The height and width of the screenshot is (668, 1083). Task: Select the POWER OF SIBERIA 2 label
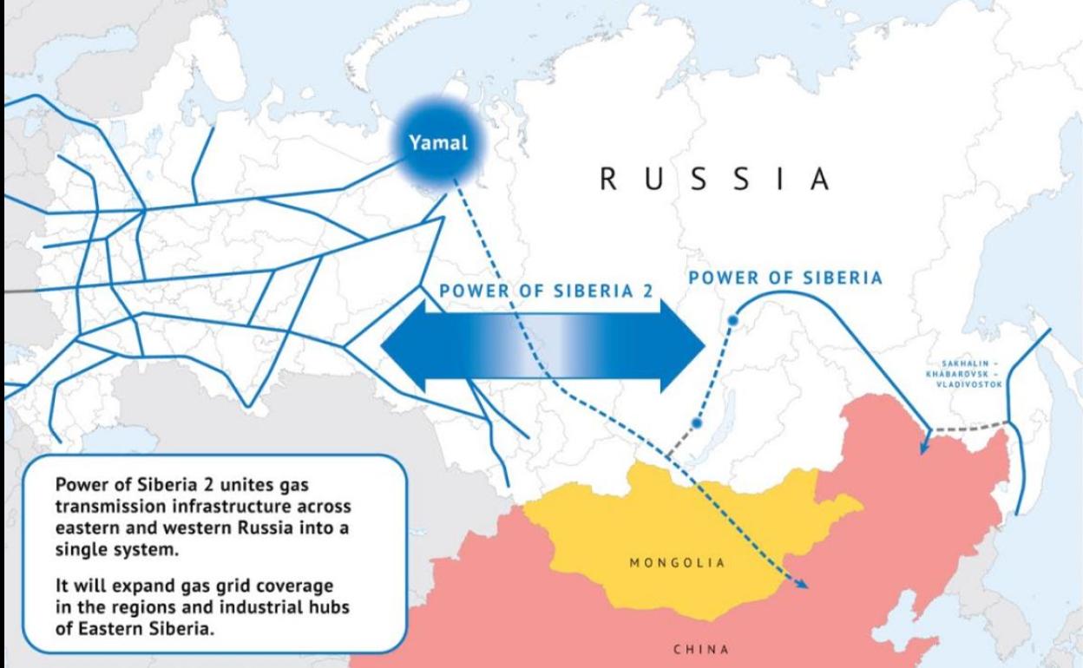click(546, 292)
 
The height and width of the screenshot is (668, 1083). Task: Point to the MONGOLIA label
click(677, 561)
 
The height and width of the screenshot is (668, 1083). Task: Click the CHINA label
click(701, 647)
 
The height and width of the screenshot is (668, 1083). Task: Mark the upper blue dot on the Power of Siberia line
click(732, 321)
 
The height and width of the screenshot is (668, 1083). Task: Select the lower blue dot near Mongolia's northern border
click(695, 423)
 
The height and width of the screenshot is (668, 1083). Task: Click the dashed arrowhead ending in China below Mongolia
click(803, 586)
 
